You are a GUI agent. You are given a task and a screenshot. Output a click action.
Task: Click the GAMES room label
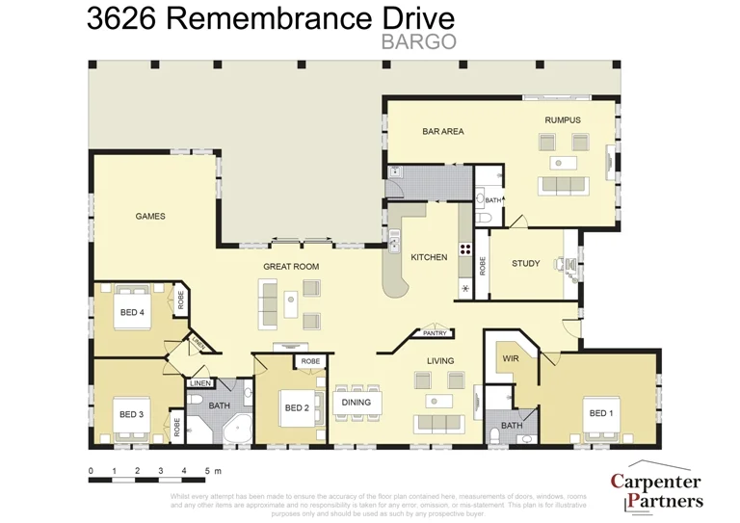(150, 217)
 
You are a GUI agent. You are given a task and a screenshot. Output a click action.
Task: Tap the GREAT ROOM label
(291, 267)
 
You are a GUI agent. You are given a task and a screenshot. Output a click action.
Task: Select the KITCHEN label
(429, 257)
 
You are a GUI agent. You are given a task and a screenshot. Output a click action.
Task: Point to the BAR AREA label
(442, 131)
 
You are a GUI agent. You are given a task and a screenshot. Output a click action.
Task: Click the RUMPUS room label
(563, 120)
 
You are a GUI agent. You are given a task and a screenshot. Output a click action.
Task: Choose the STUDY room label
(525, 263)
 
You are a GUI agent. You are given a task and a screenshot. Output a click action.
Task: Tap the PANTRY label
(435, 333)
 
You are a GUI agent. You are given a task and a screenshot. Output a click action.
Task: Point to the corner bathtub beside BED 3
(235, 431)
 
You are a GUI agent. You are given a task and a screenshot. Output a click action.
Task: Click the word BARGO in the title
(418, 41)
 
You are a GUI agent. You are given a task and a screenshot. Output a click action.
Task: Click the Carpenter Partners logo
(656, 490)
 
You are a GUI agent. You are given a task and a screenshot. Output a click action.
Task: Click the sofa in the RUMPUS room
(566, 186)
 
